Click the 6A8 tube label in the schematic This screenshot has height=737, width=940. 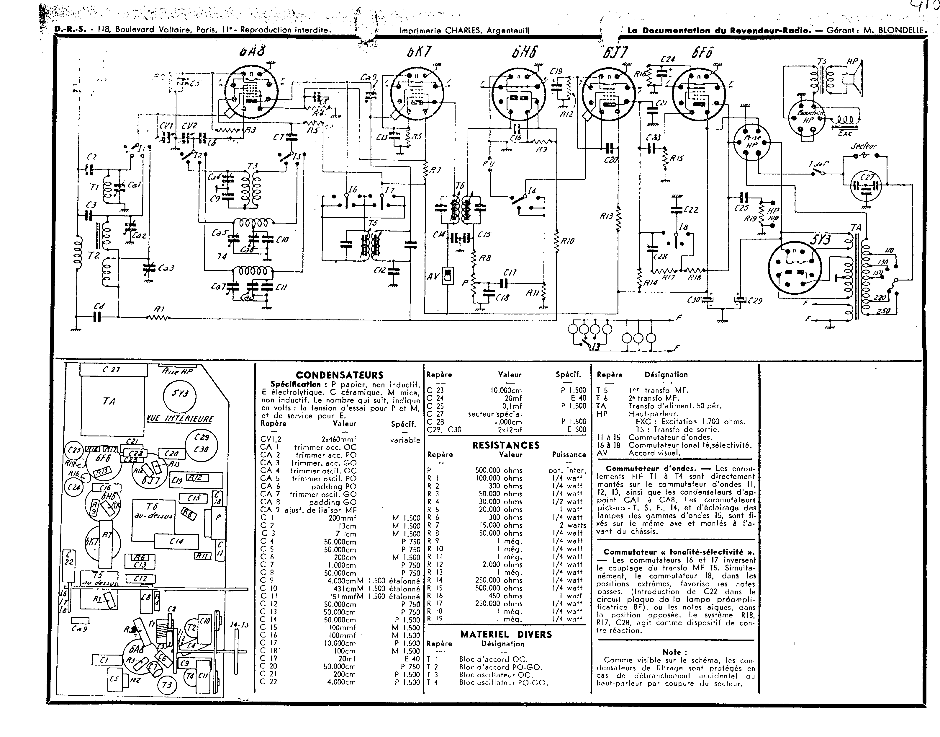tap(252, 52)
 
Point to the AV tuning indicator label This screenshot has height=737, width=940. tap(433, 276)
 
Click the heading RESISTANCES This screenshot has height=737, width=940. tap(506, 445)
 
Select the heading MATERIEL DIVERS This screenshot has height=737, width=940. tap(506, 634)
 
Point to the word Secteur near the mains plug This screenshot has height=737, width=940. tap(864, 146)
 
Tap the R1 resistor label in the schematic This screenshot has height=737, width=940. tap(160, 309)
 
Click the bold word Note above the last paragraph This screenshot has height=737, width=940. tap(675, 652)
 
